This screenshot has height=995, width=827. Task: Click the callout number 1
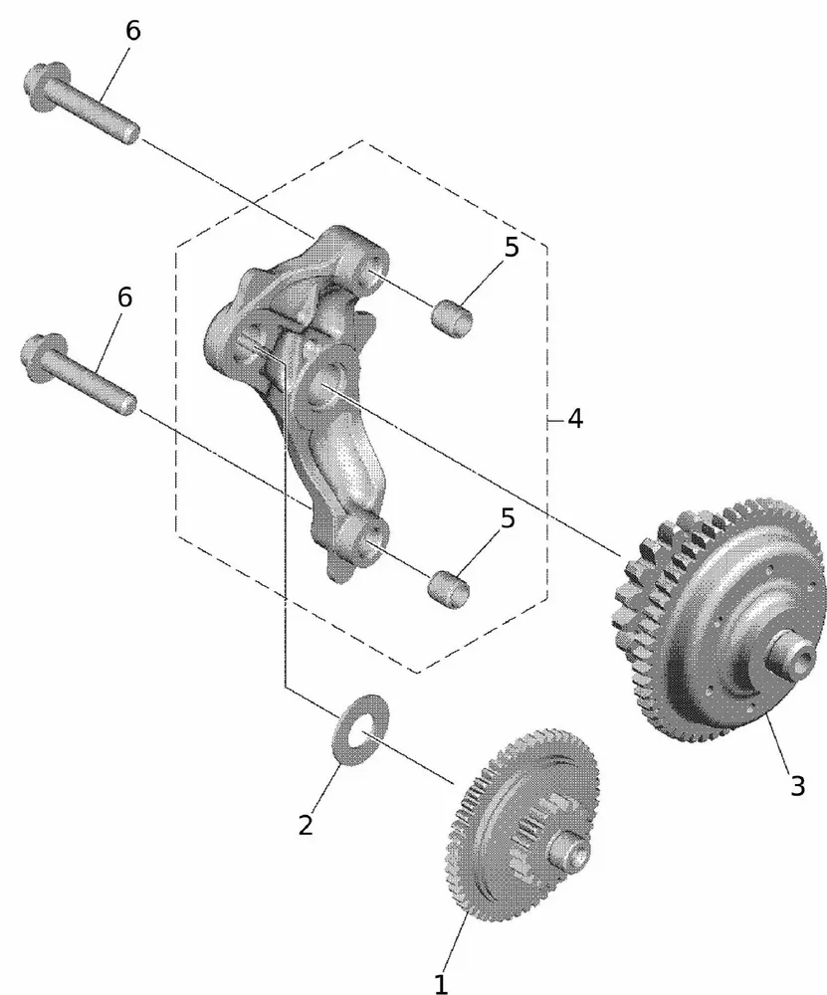tap(441, 982)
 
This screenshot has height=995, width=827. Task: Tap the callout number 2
tap(306, 824)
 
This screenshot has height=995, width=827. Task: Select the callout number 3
tap(797, 785)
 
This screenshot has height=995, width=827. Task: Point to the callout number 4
tap(574, 418)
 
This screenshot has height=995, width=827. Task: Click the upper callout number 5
tap(512, 248)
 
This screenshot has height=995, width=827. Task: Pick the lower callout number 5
tap(508, 518)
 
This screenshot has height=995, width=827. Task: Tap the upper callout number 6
tap(132, 31)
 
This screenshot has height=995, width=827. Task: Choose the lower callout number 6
tap(124, 297)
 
